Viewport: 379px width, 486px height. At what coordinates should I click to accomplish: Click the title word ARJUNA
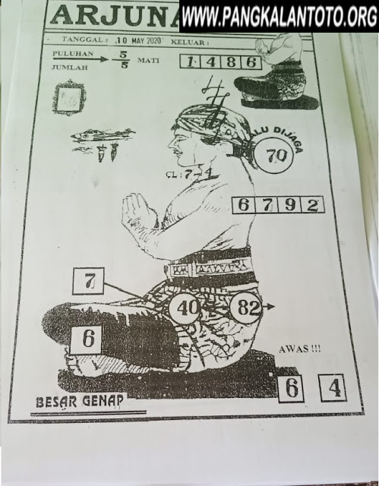pos(114,15)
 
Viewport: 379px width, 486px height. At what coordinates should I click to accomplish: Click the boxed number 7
pos(88,282)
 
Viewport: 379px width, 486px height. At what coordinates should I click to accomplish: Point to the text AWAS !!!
pos(300,349)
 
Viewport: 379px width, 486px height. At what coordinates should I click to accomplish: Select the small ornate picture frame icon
pos(69,98)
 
